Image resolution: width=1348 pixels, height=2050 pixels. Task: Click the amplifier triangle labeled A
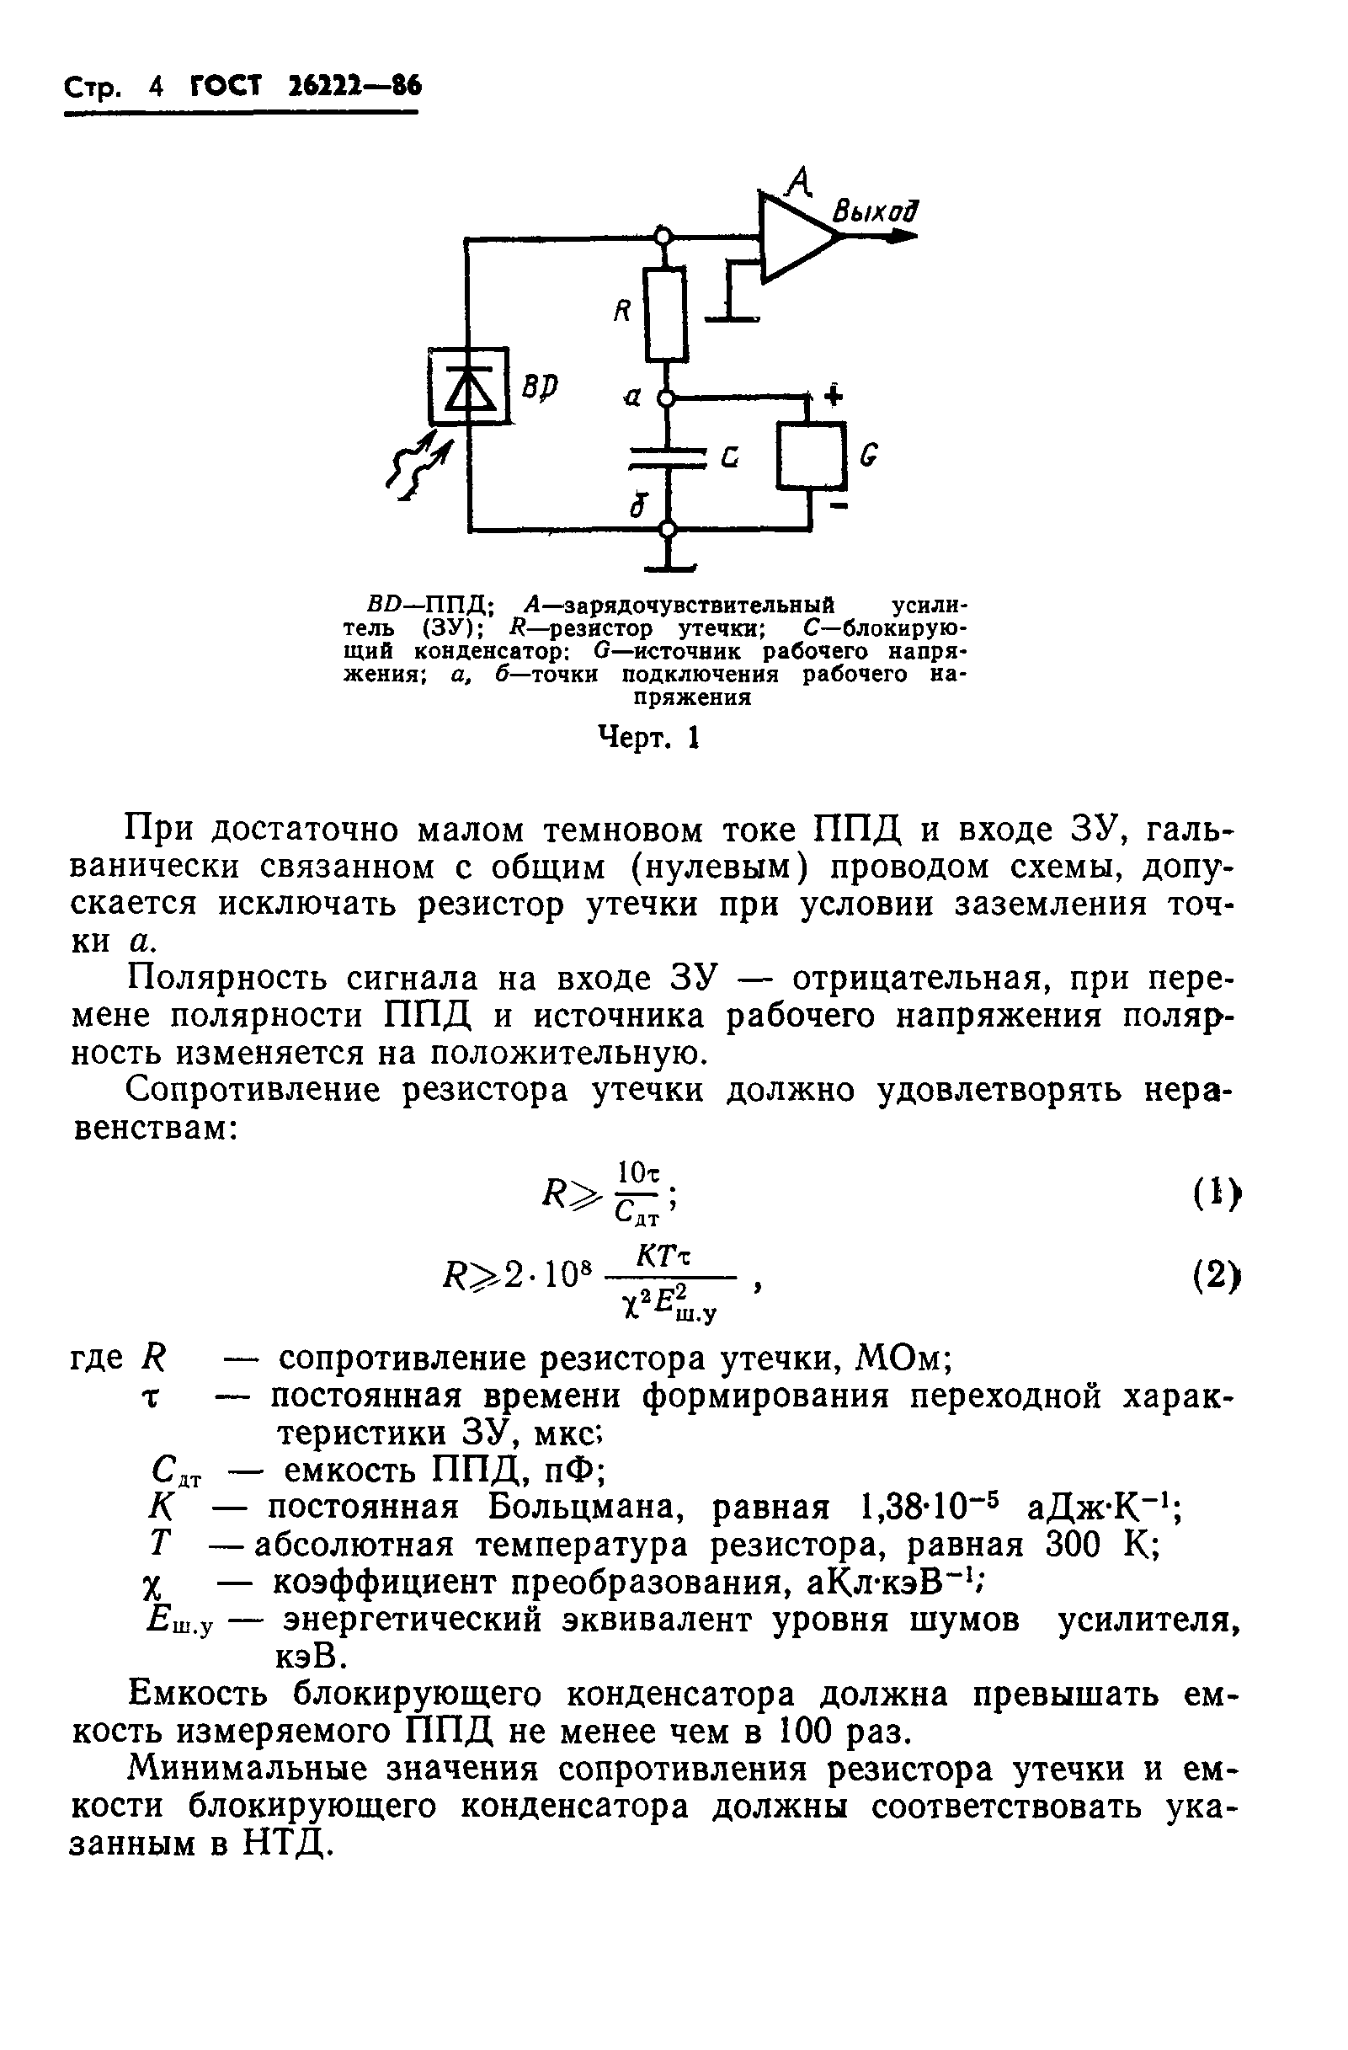[x=792, y=236]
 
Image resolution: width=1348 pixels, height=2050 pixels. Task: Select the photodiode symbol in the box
[x=470, y=386]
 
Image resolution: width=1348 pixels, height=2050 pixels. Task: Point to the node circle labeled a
[x=665, y=398]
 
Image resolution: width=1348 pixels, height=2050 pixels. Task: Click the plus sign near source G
[x=833, y=395]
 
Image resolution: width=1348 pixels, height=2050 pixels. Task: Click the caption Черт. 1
[x=648, y=737]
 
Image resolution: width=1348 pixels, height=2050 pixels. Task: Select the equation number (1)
[x=1216, y=1193]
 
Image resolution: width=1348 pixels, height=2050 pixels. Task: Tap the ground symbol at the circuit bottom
[x=669, y=564]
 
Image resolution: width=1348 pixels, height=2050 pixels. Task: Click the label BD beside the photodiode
[x=540, y=387]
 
